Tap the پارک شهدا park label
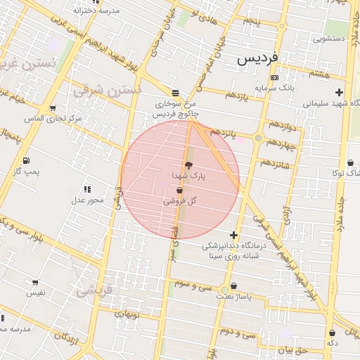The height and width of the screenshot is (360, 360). (x=188, y=174)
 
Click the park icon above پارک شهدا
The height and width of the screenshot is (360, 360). (x=188, y=165)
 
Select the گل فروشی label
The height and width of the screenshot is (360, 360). (x=180, y=200)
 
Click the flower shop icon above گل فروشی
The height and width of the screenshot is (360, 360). (x=180, y=190)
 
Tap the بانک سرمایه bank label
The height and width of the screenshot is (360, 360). (x=274, y=88)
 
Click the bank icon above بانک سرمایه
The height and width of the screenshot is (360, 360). (x=274, y=77)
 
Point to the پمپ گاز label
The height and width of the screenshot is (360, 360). (x=27, y=171)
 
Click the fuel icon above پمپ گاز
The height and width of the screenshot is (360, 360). (x=27, y=160)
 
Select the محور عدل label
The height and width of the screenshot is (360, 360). (x=86, y=200)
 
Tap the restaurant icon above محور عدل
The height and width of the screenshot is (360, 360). (x=87, y=189)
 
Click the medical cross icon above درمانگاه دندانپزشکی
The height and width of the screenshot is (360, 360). (x=233, y=236)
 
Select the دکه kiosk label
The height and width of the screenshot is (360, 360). (x=332, y=343)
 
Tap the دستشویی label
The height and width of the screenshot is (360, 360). (x=331, y=39)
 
